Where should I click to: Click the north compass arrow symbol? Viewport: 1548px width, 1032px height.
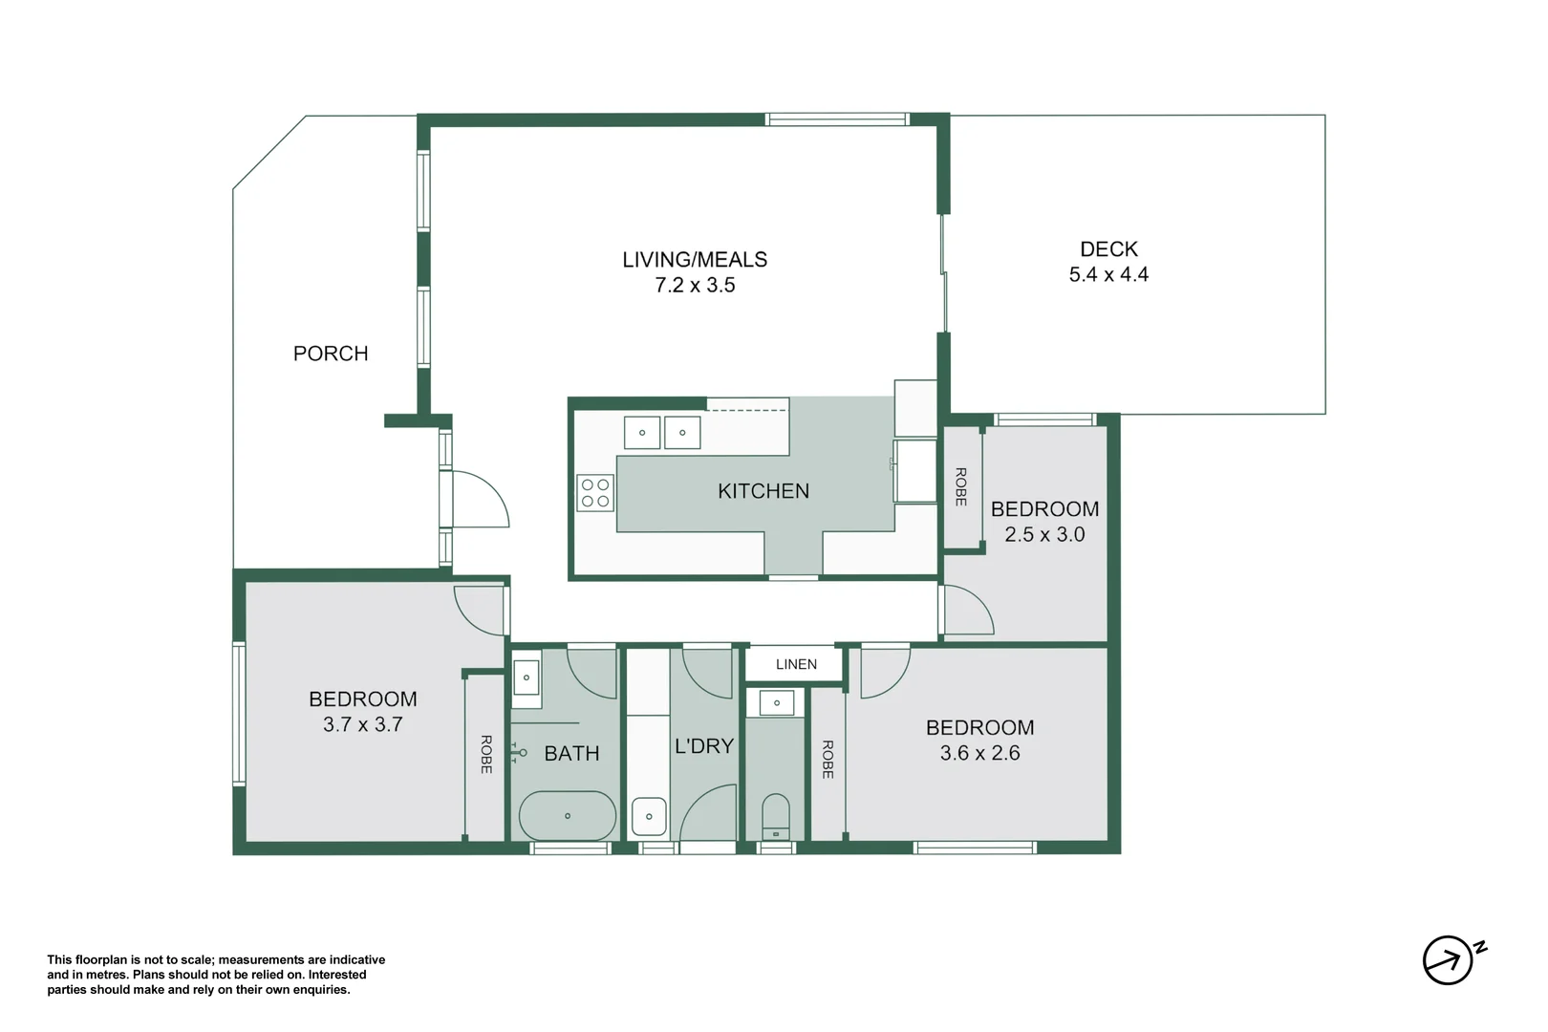[1448, 959]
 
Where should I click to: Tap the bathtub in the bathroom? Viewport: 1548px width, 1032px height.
[567, 816]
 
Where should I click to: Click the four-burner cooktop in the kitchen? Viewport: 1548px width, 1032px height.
[595, 493]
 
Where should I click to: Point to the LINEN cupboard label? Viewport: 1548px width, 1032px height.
[796, 664]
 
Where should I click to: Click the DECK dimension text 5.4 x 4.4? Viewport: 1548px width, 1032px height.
[1108, 275]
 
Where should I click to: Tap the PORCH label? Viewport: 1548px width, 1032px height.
[331, 354]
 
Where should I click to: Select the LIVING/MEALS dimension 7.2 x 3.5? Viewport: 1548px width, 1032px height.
[695, 286]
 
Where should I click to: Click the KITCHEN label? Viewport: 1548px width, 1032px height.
[763, 491]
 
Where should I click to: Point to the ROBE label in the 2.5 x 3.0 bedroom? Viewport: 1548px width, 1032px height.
[960, 486]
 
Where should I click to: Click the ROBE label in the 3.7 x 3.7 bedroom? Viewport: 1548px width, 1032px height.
[485, 754]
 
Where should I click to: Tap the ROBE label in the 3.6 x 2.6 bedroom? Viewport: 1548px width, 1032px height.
[828, 760]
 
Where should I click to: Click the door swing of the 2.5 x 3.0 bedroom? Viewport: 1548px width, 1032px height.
[967, 612]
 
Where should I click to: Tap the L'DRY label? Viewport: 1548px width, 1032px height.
[704, 746]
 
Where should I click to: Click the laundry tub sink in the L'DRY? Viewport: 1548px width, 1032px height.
[649, 817]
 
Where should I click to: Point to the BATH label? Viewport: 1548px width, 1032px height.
[571, 754]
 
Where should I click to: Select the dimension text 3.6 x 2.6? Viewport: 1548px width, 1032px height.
[979, 753]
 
